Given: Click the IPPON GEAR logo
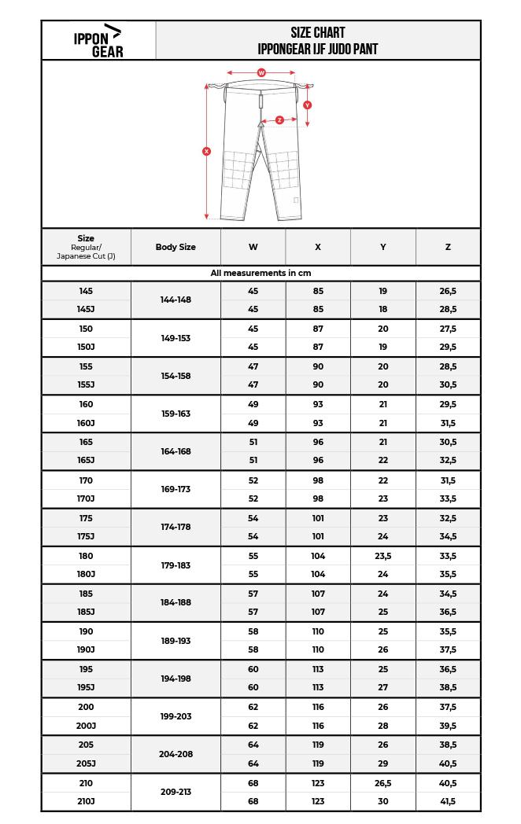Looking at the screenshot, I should click(98, 41).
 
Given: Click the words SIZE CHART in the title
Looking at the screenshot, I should click(318, 33).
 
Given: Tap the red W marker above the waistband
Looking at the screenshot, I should click(261, 72).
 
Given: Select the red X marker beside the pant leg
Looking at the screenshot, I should click(206, 151).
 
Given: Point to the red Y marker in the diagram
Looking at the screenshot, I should click(307, 105).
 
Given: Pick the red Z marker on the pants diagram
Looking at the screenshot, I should click(279, 120).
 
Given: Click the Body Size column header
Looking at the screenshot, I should click(176, 247).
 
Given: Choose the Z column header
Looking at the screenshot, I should click(448, 247).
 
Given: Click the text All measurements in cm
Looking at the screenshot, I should click(260, 273).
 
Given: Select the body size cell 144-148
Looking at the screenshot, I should click(176, 300).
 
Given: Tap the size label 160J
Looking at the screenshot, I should click(86, 423).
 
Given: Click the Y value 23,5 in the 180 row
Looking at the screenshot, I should click(382, 556).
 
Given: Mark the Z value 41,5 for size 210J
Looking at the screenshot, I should click(448, 801).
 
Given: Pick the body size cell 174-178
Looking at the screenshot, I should click(176, 527).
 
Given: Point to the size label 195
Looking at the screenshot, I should click(86, 669).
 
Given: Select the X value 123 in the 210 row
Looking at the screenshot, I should click(318, 783).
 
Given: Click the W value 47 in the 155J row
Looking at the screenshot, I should click(253, 385).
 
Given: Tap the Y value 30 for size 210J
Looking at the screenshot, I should click(382, 801).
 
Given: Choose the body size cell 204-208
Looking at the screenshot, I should click(176, 754).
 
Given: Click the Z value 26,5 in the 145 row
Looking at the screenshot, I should click(448, 291).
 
